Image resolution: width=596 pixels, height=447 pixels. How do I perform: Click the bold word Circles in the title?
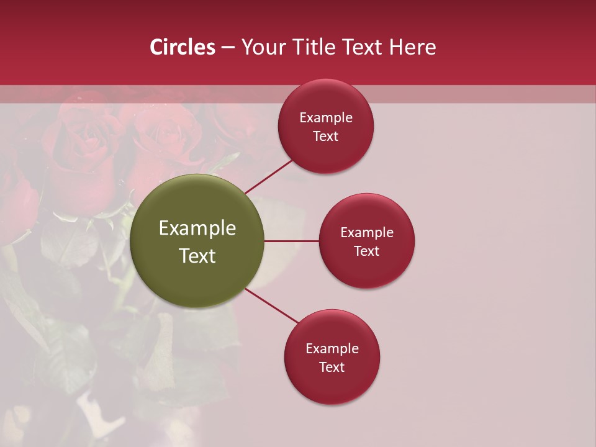182,47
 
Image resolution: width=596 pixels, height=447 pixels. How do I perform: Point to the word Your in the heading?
263,47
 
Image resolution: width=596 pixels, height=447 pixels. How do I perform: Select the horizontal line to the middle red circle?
291,241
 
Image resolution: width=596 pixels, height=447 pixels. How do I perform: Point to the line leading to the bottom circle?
272,305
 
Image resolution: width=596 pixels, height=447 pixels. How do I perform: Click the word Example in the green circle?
197,228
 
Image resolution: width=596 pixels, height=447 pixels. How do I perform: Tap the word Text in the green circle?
197,256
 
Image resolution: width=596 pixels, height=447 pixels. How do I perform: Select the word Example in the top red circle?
326,118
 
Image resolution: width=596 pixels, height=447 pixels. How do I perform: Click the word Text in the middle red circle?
366,251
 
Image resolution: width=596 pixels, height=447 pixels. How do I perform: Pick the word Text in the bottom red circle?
332,367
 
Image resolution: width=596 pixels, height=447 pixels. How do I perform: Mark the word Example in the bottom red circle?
332,348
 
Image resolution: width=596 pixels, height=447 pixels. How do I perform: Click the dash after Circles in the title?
227,48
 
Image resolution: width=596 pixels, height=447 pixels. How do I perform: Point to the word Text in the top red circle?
325,137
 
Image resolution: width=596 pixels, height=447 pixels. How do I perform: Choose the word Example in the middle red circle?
367,232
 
